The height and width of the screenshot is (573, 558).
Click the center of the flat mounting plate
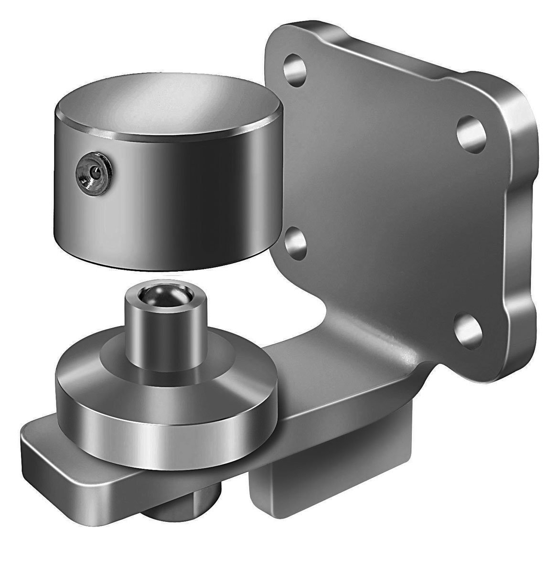(x=382, y=201)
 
